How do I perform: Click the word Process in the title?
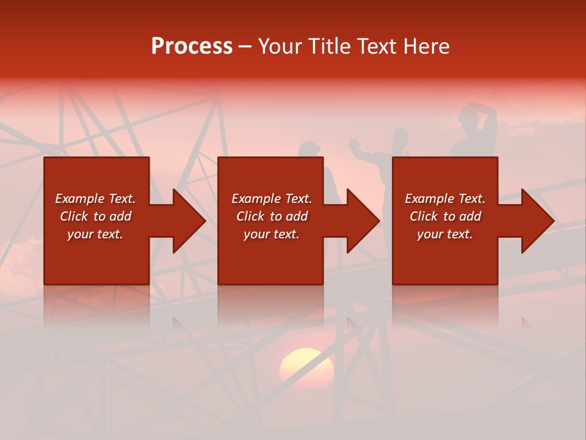tap(192, 46)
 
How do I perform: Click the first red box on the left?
tap(96, 263)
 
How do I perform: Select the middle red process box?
tap(270, 263)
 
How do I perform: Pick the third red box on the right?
tap(444, 263)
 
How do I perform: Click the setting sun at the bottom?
tap(306, 367)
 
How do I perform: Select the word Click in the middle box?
tap(250, 216)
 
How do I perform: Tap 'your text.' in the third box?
tap(444, 234)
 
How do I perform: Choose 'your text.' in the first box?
tap(95, 234)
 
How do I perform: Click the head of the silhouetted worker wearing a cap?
tap(309, 150)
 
